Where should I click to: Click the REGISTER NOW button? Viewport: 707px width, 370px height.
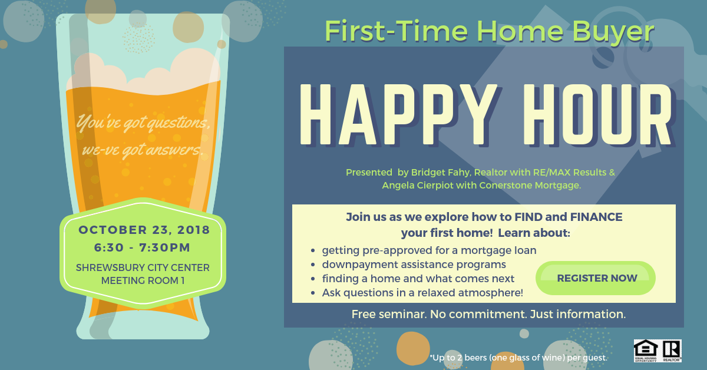[596, 278]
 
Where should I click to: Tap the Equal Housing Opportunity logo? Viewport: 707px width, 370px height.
[646, 351]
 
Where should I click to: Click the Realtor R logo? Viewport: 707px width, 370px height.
[671, 351]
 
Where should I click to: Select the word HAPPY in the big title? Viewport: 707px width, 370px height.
[399, 115]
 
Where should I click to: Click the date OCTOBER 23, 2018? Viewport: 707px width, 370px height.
[144, 230]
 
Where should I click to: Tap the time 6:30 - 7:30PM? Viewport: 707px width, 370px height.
[143, 247]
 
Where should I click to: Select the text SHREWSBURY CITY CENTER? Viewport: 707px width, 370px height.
[143, 267]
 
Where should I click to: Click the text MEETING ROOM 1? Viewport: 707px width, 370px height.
[143, 280]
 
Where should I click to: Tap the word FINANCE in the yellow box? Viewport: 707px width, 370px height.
[596, 217]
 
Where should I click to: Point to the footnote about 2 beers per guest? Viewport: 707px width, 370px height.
[518, 358]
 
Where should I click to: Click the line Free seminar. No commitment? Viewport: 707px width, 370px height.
[488, 315]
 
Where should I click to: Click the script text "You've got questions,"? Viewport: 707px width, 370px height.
[143, 123]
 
